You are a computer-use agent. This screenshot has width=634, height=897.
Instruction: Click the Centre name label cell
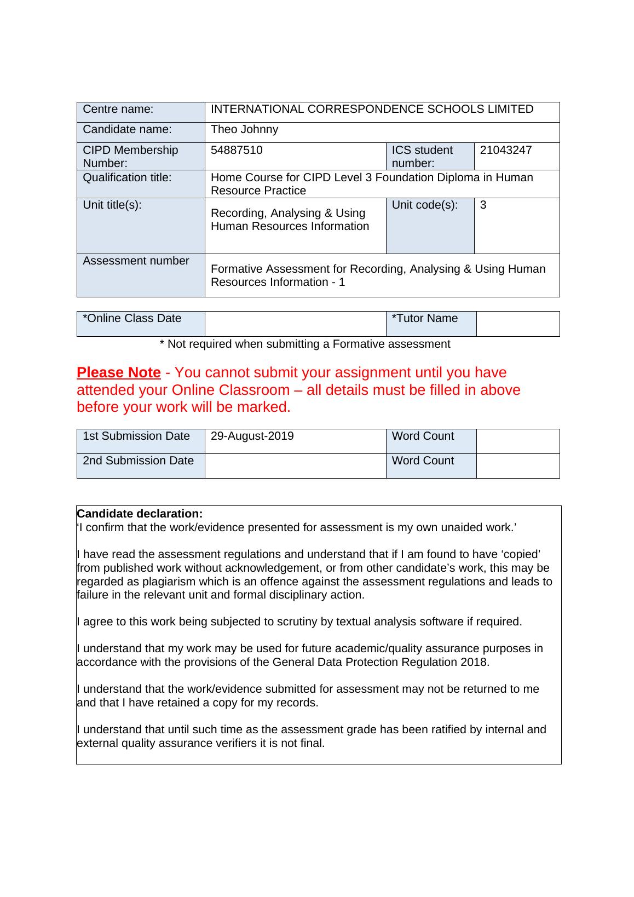pos(118,110)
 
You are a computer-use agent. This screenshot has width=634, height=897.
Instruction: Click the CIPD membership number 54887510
pos(237,150)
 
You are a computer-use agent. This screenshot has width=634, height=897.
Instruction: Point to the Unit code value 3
pos(483,205)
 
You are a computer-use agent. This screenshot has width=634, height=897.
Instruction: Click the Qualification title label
pos(127,178)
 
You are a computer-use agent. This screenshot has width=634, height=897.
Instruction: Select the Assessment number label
pos(136,261)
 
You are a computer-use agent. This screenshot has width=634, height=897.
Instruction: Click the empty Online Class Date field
pos(295,324)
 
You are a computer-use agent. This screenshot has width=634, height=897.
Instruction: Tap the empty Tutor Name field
pos(517,324)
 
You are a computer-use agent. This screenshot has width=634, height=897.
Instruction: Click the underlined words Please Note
pos(119,373)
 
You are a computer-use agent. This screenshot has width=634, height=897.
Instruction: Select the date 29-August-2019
pos(252,436)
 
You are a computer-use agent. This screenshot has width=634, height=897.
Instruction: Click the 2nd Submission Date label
pos(138,461)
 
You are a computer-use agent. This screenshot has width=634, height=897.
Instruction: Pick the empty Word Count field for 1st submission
pos(517,441)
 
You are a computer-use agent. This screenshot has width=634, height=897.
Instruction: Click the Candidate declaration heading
pos(140,514)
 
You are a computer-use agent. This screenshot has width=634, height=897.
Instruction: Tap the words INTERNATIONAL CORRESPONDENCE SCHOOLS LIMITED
pos(372,110)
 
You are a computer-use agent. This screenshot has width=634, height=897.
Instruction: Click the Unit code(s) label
pos(425,205)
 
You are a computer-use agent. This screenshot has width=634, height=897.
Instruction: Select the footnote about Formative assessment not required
pos(305,344)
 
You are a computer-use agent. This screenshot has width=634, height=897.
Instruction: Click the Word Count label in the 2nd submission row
pos(423,461)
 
